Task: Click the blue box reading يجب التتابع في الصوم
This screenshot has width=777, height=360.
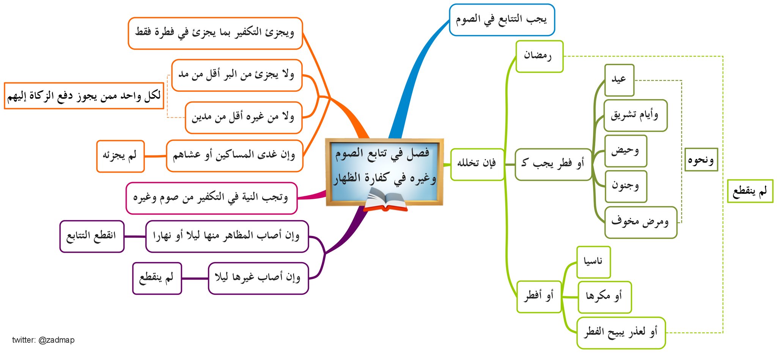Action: click(502, 20)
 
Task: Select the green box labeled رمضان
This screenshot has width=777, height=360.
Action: click(539, 57)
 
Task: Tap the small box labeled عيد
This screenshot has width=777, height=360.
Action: click(619, 80)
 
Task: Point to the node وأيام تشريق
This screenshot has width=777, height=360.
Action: click(635, 115)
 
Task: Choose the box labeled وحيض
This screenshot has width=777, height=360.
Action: click(625, 151)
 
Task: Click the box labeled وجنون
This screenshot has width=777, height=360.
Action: click(625, 186)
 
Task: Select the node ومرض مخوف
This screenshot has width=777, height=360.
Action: click(640, 222)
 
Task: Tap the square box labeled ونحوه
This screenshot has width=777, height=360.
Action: click(701, 160)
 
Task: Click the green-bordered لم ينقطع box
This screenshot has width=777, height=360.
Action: click(750, 191)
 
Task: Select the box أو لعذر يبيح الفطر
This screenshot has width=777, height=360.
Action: click(621, 333)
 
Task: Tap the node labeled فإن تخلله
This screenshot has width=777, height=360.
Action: click(477, 164)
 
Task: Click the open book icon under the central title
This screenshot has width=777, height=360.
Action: click(385, 201)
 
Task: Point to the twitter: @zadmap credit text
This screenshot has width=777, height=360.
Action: click(43, 340)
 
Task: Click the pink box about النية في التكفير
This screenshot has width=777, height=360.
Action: click(211, 198)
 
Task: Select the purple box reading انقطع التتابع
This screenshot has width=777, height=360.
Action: click(92, 236)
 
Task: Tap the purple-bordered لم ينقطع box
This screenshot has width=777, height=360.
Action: click(157, 278)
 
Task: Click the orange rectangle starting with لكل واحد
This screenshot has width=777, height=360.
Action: click(84, 96)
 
